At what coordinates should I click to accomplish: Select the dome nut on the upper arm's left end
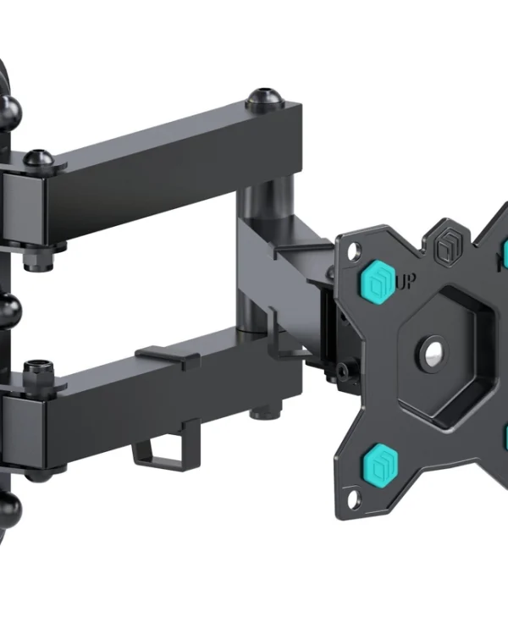coord(38,158)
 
